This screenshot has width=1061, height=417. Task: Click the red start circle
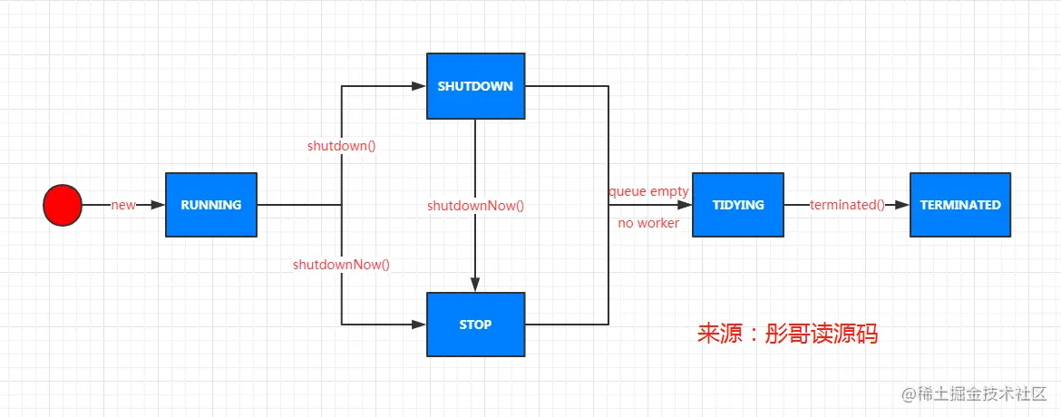click(x=63, y=205)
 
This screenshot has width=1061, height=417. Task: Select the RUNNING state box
click(x=211, y=205)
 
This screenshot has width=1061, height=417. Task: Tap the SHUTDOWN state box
click(x=476, y=86)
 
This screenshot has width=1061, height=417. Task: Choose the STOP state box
click(x=476, y=325)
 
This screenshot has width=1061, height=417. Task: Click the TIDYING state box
click(x=738, y=205)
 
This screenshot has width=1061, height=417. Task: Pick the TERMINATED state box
click(x=960, y=205)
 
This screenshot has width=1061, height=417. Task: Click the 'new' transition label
click(x=123, y=205)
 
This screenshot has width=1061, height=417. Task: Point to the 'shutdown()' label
click(x=342, y=146)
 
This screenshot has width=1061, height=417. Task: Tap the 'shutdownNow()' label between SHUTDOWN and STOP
click(x=476, y=205)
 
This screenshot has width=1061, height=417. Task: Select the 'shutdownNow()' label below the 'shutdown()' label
click(x=342, y=265)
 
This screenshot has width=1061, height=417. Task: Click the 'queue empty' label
click(x=649, y=191)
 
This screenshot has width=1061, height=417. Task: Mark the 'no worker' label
click(x=648, y=223)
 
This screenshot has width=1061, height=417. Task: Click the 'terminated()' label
click(x=847, y=205)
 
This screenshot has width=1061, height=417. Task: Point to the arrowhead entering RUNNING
click(x=159, y=205)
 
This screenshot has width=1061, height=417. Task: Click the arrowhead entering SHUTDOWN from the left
click(x=420, y=86)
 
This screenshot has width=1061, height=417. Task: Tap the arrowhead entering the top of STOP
click(x=476, y=285)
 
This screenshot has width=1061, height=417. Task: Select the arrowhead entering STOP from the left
click(x=420, y=325)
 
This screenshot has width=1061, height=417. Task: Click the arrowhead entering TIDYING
click(x=686, y=205)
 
